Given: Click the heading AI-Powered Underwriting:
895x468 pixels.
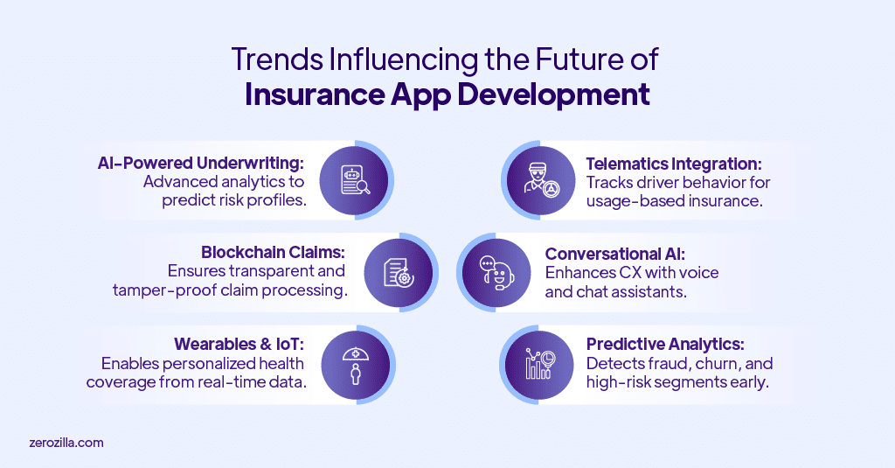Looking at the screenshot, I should click(x=201, y=163).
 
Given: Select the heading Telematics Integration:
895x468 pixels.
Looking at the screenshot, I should click(x=675, y=163).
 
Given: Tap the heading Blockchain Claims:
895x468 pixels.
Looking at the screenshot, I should click(x=273, y=254).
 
